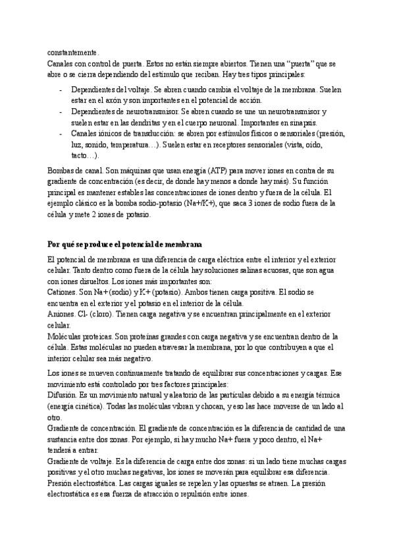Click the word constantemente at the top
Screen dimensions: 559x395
pyautogui.click(x=72, y=52)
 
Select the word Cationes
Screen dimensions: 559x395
pyautogui.click(x=63, y=291)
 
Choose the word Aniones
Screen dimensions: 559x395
pyautogui.click(x=61, y=314)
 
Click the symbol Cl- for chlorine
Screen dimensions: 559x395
pyautogui.click(x=84, y=314)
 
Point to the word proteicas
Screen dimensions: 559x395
pyautogui.click(x=93, y=336)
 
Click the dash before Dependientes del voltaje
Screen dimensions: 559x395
pyautogui.click(x=61, y=89)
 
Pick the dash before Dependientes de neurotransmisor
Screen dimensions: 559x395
pyautogui.click(x=61, y=111)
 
